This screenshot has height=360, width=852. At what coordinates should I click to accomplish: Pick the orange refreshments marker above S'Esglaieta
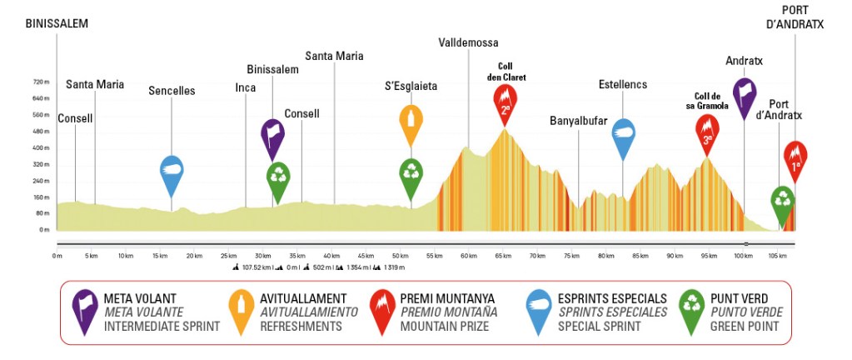coord(410,122)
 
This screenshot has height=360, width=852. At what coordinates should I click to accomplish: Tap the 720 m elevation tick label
coord(42,82)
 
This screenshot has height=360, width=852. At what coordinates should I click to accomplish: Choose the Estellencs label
coord(622,84)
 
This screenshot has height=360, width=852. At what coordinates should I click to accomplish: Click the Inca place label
coord(245,87)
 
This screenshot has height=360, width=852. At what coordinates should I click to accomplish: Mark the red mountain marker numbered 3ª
coord(707,133)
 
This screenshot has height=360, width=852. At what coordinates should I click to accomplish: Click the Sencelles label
coord(171,91)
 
